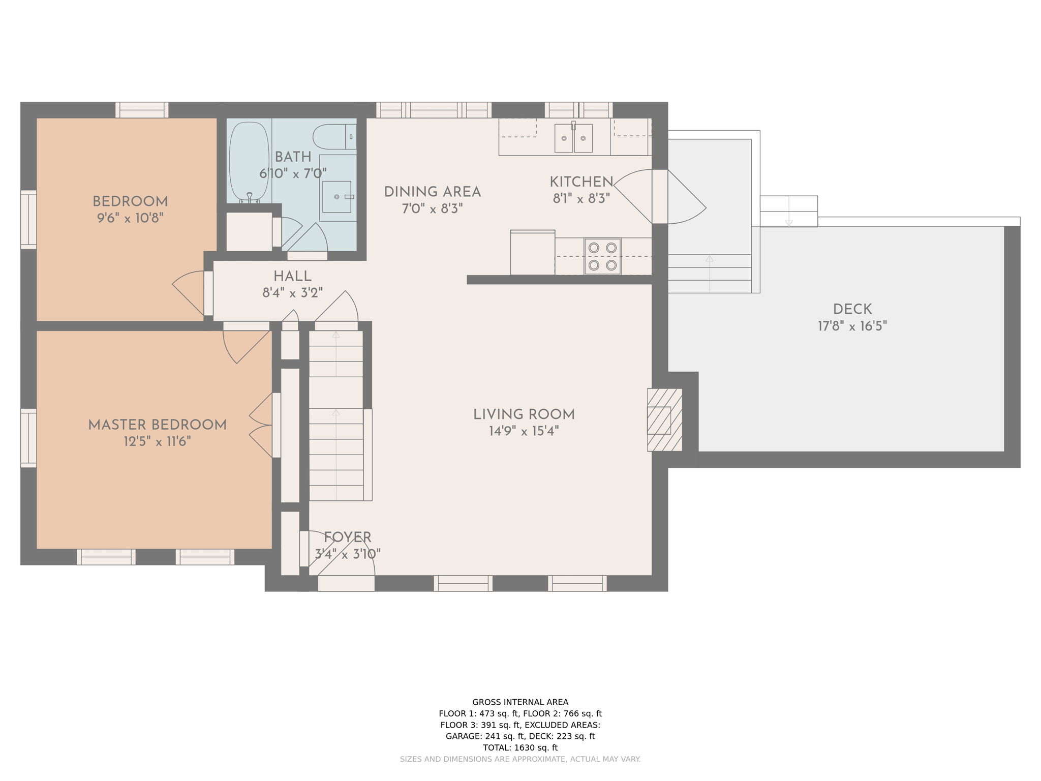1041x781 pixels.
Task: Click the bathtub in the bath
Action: point(249,162)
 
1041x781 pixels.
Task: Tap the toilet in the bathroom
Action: point(334,137)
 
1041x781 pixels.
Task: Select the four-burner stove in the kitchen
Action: point(602,256)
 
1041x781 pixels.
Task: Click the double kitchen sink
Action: point(573,138)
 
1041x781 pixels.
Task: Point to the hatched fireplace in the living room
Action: point(664,420)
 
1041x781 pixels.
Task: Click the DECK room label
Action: point(852,309)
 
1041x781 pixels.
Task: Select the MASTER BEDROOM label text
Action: point(158,425)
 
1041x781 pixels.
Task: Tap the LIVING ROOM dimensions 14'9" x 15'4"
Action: point(524,431)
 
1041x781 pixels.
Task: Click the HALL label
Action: point(292,277)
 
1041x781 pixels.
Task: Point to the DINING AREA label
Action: point(432,192)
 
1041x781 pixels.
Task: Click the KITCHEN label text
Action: point(581,182)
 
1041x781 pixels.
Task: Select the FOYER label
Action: point(348,537)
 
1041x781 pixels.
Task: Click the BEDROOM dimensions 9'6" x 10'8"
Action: point(130,218)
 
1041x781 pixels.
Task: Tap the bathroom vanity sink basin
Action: point(336,197)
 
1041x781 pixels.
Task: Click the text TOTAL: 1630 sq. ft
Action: point(520,747)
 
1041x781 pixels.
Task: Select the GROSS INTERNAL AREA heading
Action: point(520,702)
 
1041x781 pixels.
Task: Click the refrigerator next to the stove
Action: point(533,253)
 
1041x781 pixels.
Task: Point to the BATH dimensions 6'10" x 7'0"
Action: point(293,173)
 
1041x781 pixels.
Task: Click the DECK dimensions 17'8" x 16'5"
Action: point(852,326)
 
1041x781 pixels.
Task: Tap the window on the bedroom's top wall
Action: point(142,110)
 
